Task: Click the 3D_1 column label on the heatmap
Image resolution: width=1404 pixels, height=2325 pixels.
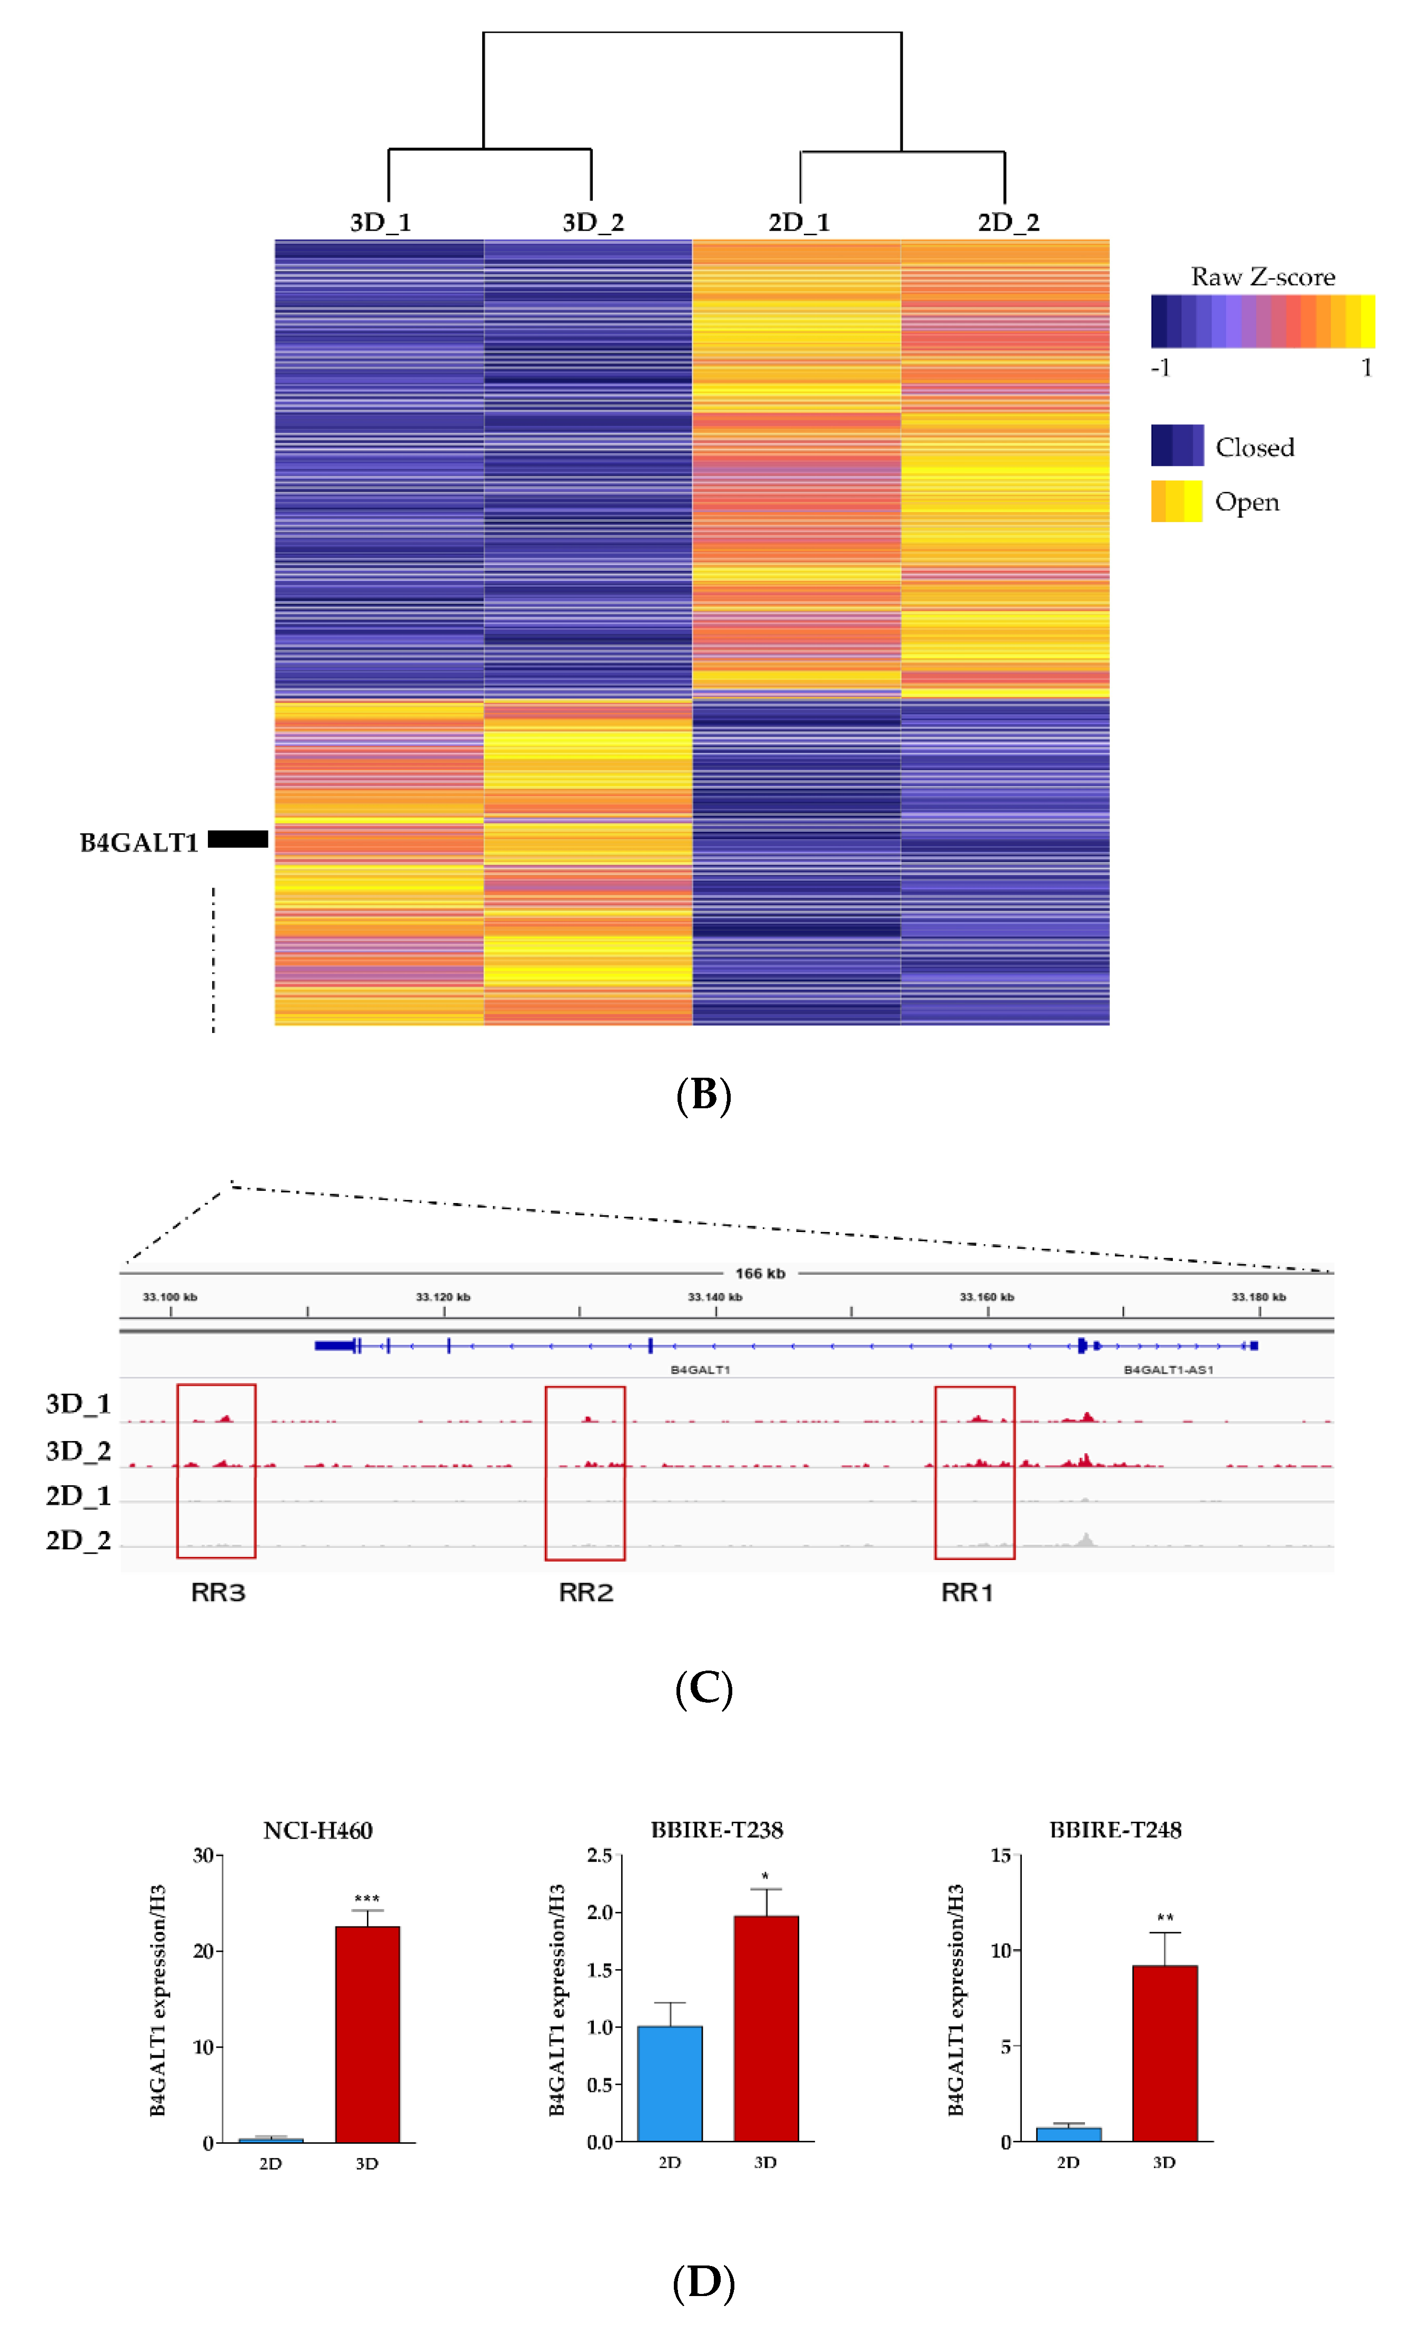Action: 380,223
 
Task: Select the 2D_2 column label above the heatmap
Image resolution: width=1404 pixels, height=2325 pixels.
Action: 1008,223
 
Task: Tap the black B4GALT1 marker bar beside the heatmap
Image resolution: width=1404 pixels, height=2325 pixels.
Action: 238,839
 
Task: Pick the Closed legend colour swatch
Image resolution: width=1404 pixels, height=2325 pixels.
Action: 1177,445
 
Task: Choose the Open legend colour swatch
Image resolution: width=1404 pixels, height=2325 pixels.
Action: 1177,501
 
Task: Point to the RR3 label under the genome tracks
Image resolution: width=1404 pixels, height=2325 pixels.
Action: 218,1593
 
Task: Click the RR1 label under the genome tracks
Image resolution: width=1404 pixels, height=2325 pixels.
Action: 967,1593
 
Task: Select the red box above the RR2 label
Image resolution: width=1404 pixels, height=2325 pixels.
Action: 585,1472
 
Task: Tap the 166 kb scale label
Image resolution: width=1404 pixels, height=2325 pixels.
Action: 760,1273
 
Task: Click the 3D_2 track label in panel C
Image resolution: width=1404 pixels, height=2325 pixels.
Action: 78,1450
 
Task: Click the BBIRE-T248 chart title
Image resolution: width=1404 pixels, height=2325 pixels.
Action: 1116,1830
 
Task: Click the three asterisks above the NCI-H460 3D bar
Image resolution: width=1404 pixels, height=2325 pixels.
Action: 367,1899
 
